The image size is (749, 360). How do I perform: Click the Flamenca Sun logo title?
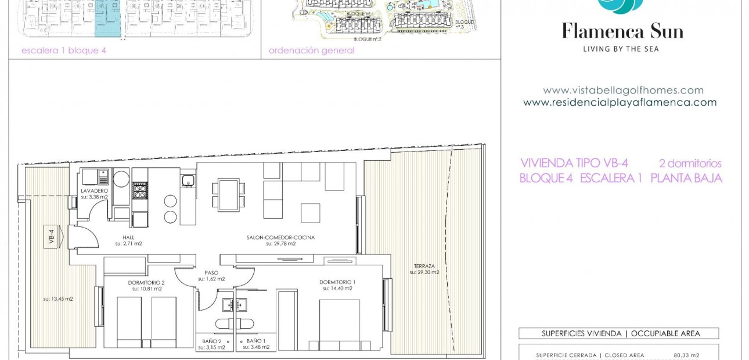coord(622,31)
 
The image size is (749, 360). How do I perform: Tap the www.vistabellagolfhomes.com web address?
coord(623,91)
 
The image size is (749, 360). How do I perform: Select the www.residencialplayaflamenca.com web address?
coord(620,103)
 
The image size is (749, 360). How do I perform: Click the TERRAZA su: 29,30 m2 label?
coord(424,269)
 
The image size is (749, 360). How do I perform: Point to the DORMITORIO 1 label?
coord(337,285)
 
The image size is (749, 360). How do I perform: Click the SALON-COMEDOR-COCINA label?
coord(280,240)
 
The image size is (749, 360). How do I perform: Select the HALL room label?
coord(128,240)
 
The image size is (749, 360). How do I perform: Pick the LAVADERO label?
coord(94,193)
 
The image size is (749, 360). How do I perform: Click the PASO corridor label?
coord(211,275)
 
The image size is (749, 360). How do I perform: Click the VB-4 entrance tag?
coord(52,237)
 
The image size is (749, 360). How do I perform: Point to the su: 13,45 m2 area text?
coord(58,299)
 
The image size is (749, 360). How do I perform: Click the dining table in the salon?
coord(229,195)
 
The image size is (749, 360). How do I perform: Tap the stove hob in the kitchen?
coord(140,190)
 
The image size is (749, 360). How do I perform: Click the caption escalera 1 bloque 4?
coord(64,51)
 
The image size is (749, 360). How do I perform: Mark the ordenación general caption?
coord(311,51)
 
